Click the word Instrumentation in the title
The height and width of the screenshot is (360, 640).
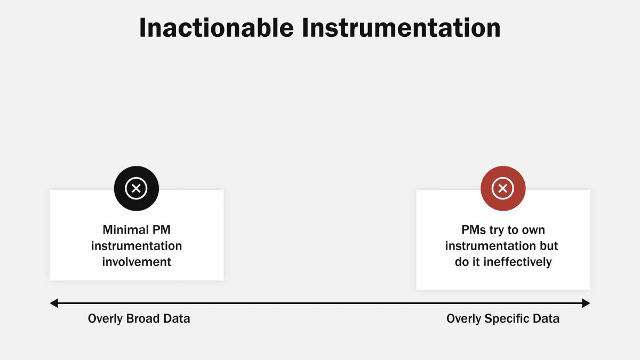tap(401, 28)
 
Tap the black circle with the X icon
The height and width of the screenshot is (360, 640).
tap(137, 188)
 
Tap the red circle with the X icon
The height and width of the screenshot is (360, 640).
tap(503, 188)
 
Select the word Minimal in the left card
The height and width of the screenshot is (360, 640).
tap(126, 230)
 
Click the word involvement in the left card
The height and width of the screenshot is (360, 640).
tap(137, 262)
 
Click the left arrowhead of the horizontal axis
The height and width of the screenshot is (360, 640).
tap(53, 303)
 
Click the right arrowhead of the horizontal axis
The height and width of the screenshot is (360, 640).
tap(586, 303)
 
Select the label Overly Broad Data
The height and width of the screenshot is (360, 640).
tap(139, 319)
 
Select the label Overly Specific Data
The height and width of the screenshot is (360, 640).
tap(503, 319)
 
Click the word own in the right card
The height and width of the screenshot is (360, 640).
tap(533, 230)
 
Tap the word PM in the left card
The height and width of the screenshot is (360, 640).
tap(161, 230)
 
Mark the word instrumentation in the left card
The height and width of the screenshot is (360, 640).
tap(137, 246)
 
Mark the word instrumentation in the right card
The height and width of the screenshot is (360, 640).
tap(491, 246)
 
